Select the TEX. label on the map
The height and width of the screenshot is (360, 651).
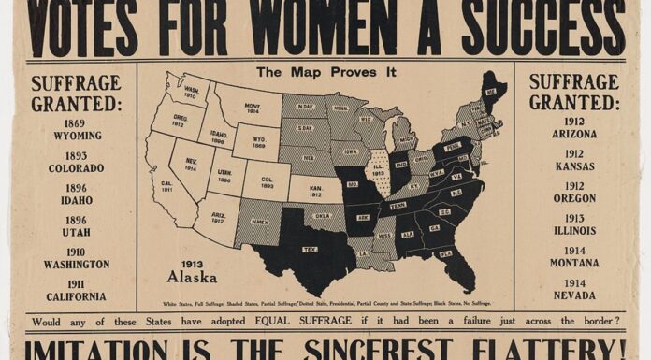tap(310, 250)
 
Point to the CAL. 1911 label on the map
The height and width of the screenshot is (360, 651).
tap(166, 185)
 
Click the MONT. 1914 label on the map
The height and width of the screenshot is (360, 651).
tap(253, 108)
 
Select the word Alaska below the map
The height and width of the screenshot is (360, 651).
tap(192, 278)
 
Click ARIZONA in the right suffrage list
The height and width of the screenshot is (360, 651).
tap(573, 135)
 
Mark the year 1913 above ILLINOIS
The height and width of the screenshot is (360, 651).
tap(573, 218)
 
